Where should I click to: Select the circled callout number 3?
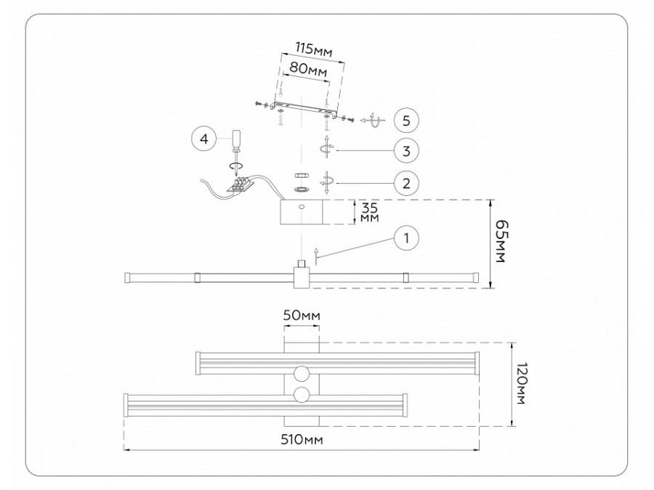pos(407,151)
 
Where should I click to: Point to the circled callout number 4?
pos(205,139)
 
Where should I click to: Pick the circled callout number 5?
pos(407,118)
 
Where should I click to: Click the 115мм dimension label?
pos(314,50)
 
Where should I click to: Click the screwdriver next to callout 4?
pos(237,144)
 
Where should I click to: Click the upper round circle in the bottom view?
pos(302,374)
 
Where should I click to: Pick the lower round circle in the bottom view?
pos(302,396)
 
